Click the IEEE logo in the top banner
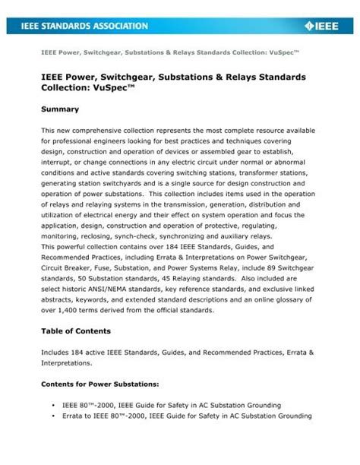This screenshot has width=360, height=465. [x=324, y=27]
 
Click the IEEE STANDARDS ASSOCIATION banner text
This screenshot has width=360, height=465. [x=86, y=27]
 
